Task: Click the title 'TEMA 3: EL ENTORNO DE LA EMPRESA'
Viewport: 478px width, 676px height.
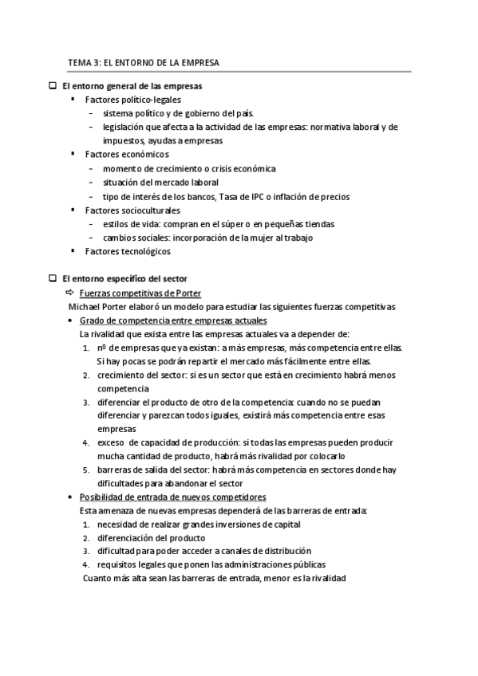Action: (x=144, y=61)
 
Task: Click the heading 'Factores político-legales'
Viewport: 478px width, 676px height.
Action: (x=132, y=100)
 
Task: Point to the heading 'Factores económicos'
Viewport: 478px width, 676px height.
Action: (x=126, y=155)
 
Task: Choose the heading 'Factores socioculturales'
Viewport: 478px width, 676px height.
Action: (x=132, y=210)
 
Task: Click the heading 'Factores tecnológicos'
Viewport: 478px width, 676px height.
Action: (x=127, y=252)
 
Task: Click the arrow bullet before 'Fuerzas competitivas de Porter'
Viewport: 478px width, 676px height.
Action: (x=69, y=293)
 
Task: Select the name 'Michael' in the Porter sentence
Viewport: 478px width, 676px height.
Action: (x=84, y=307)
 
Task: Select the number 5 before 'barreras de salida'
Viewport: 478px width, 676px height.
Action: (x=85, y=470)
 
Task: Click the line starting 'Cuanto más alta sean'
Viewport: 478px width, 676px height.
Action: (x=214, y=578)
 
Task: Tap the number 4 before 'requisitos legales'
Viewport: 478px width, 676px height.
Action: (x=85, y=564)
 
